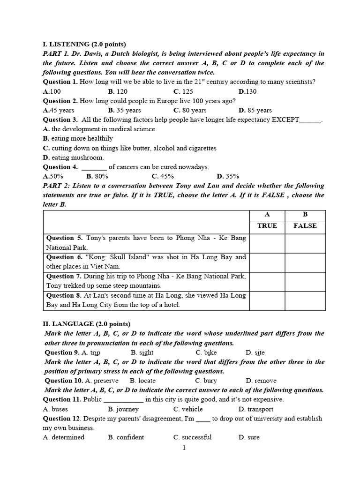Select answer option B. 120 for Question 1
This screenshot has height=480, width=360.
(118, 91)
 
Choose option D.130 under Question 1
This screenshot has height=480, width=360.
(247, 91)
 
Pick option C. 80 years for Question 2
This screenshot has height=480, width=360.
(190, 110)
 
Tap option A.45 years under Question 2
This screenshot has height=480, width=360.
(59, 110)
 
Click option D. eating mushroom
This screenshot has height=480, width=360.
(73, 157)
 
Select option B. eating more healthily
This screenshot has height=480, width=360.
(78, 138)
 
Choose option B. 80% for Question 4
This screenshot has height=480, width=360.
(97, 176)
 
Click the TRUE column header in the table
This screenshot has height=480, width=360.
(267, 226)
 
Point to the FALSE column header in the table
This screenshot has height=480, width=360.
(305, 226)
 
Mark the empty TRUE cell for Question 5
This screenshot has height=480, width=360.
(267, 243)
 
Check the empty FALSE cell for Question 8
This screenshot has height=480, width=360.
(305, 300)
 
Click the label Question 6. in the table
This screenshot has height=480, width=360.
(60, 257)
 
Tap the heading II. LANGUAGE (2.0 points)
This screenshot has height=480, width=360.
(87, 324)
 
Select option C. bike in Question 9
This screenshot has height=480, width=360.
(206, 352)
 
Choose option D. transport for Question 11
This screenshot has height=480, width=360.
(256, 409)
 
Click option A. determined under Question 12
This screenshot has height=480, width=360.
(64, 437)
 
